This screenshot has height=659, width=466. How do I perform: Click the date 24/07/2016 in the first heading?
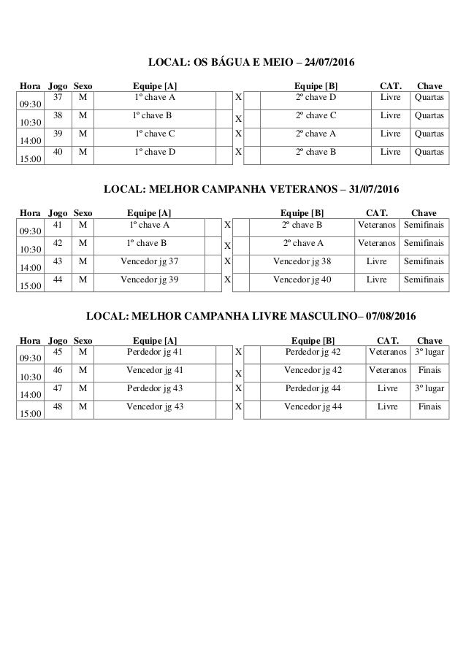coord(327,63)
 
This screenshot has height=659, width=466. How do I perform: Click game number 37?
coord(58,97)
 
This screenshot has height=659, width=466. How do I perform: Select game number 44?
coord(58,279)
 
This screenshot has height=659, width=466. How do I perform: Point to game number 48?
coord(58,406)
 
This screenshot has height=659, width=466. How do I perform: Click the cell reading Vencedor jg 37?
coord(149,261)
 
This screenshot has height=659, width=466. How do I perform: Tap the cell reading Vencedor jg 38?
coord(302,261)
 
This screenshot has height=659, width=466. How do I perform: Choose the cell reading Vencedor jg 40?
coord(302,279)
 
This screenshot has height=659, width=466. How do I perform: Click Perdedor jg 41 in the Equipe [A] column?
coord(155,351)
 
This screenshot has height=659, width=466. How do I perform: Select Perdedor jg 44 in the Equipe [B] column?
coord(313,388)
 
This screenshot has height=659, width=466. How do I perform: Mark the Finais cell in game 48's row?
coord(429,406)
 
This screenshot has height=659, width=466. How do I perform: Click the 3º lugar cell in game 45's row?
coord(429,351)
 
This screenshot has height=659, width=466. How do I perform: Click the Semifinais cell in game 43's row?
coord(424,261)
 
